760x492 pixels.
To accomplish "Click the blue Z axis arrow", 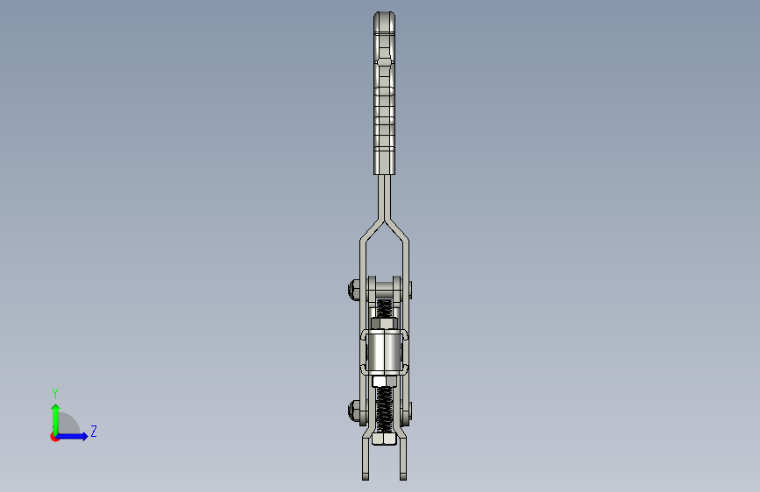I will [77, 436].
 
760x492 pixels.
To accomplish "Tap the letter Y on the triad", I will [54, 393].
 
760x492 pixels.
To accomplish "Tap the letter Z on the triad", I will [94, 432].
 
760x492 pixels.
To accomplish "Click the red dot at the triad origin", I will [54, 437].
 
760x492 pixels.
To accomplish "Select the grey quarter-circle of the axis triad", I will [67, 427].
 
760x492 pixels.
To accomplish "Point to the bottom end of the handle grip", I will [384, 168].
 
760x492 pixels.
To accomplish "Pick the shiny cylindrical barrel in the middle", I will [384, 350].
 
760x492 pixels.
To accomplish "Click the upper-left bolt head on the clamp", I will [352, 288].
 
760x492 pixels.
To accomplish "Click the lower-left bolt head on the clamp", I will [353, 407].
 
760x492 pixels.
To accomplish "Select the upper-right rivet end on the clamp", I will [410, 288].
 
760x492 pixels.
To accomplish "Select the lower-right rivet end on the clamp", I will [410, 408].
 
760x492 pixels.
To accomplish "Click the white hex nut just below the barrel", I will [384, 381].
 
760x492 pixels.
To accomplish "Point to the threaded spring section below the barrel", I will [384, 406].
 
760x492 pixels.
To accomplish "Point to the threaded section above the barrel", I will [384, 309].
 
